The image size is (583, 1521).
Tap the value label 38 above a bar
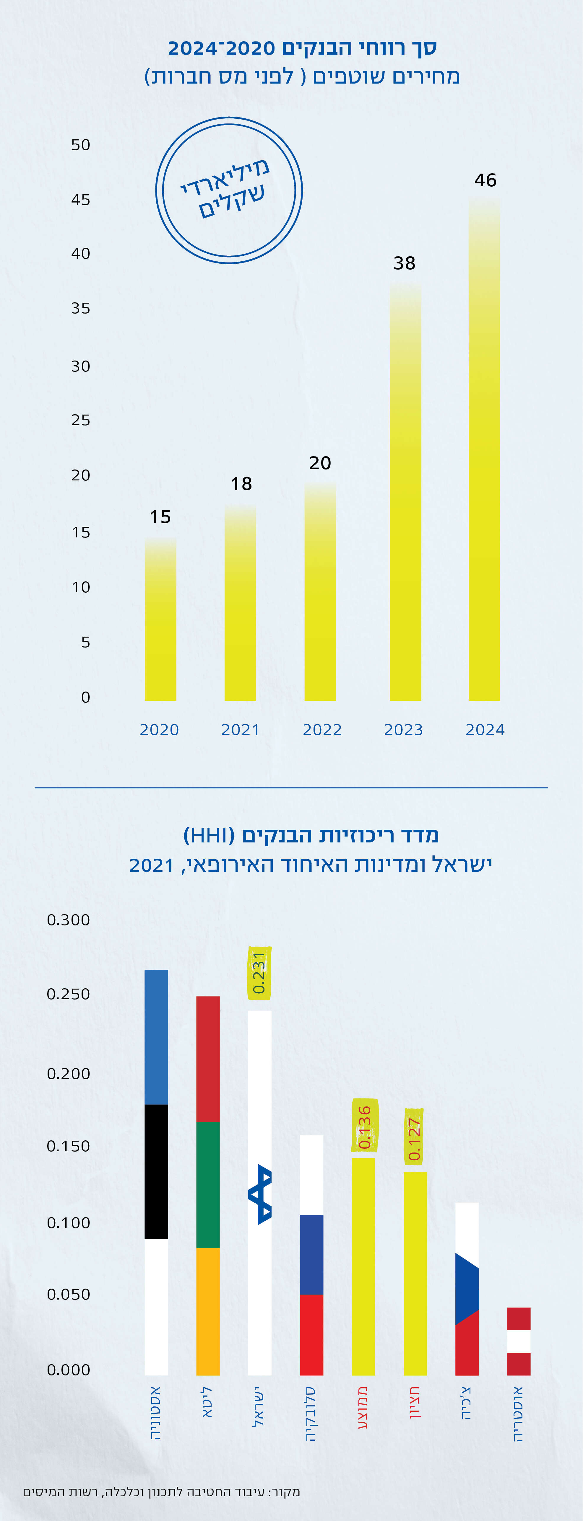[x=405, y=263]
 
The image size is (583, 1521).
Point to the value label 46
[x=485, y=180]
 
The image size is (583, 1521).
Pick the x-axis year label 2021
[x=241, y=730]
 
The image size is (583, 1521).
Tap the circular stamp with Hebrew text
[x=229, y=190]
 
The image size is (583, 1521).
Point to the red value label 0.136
[x=364, y=1127]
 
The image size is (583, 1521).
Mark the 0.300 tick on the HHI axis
[x=69, y=920]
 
